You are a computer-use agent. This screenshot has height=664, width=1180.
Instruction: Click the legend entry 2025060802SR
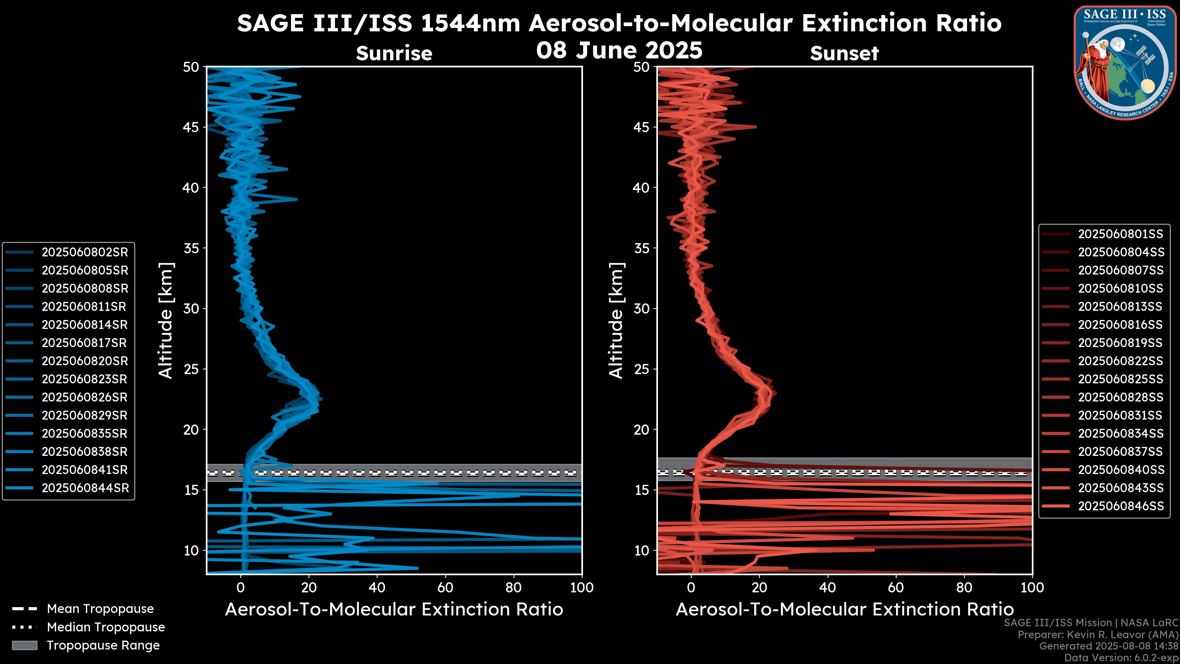pos(85,252)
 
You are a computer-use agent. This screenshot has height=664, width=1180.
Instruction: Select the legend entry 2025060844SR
pos(85,488)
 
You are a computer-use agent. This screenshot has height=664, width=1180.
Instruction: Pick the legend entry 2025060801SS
pos(1120,234)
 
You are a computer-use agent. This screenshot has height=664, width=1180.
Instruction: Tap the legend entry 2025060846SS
pos(1120,506)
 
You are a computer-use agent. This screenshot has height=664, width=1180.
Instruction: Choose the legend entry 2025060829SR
pos(85,415)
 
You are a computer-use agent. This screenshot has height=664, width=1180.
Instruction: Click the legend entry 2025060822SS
pos(1120,361)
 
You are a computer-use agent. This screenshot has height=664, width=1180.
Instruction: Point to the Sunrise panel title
pos(394,53)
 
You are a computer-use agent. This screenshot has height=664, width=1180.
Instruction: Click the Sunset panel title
pos(844,53)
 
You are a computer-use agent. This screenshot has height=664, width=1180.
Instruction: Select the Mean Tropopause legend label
pos(100,609)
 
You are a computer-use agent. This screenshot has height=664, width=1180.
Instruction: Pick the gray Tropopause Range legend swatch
pos(25,645)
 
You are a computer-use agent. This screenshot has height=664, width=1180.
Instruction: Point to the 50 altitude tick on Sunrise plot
pos(191,67)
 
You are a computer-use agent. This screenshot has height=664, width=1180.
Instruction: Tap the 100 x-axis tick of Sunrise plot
pos(582,587)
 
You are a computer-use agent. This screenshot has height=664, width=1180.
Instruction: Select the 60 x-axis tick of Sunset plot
pos(895,587)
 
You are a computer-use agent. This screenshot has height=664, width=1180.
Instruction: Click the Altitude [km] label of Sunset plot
pos(616,321)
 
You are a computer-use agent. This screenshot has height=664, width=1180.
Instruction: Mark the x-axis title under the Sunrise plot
pos(394,610)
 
